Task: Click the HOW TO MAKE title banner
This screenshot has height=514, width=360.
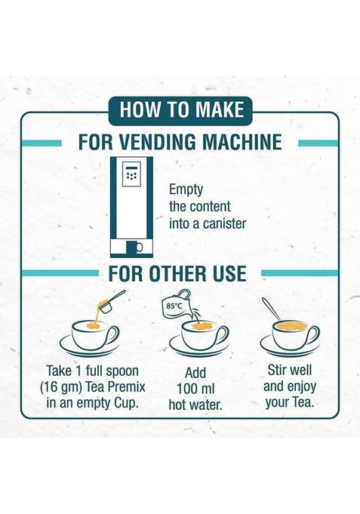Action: point(180,109)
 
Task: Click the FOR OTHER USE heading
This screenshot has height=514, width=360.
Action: point(178,272)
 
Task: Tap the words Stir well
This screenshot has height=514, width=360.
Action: point(291,371)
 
